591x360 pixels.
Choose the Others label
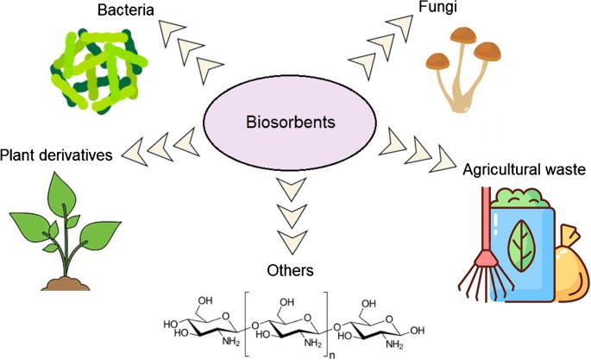tap(289, 270)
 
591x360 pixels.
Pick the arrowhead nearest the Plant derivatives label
tap(137, 154)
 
